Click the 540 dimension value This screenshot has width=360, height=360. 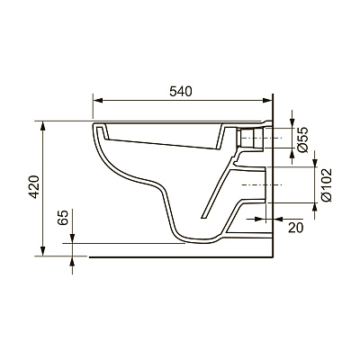180,91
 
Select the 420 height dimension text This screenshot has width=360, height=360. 35,186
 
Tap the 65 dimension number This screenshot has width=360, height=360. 63,217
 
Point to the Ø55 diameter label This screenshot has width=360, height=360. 303,139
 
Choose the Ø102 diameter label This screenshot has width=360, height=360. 327,184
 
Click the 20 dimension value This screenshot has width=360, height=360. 296,227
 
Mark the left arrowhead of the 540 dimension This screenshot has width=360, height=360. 98,100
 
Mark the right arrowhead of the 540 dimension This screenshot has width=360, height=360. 266,100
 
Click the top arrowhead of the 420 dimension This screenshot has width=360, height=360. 43,126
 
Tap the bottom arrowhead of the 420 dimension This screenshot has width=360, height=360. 43,251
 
